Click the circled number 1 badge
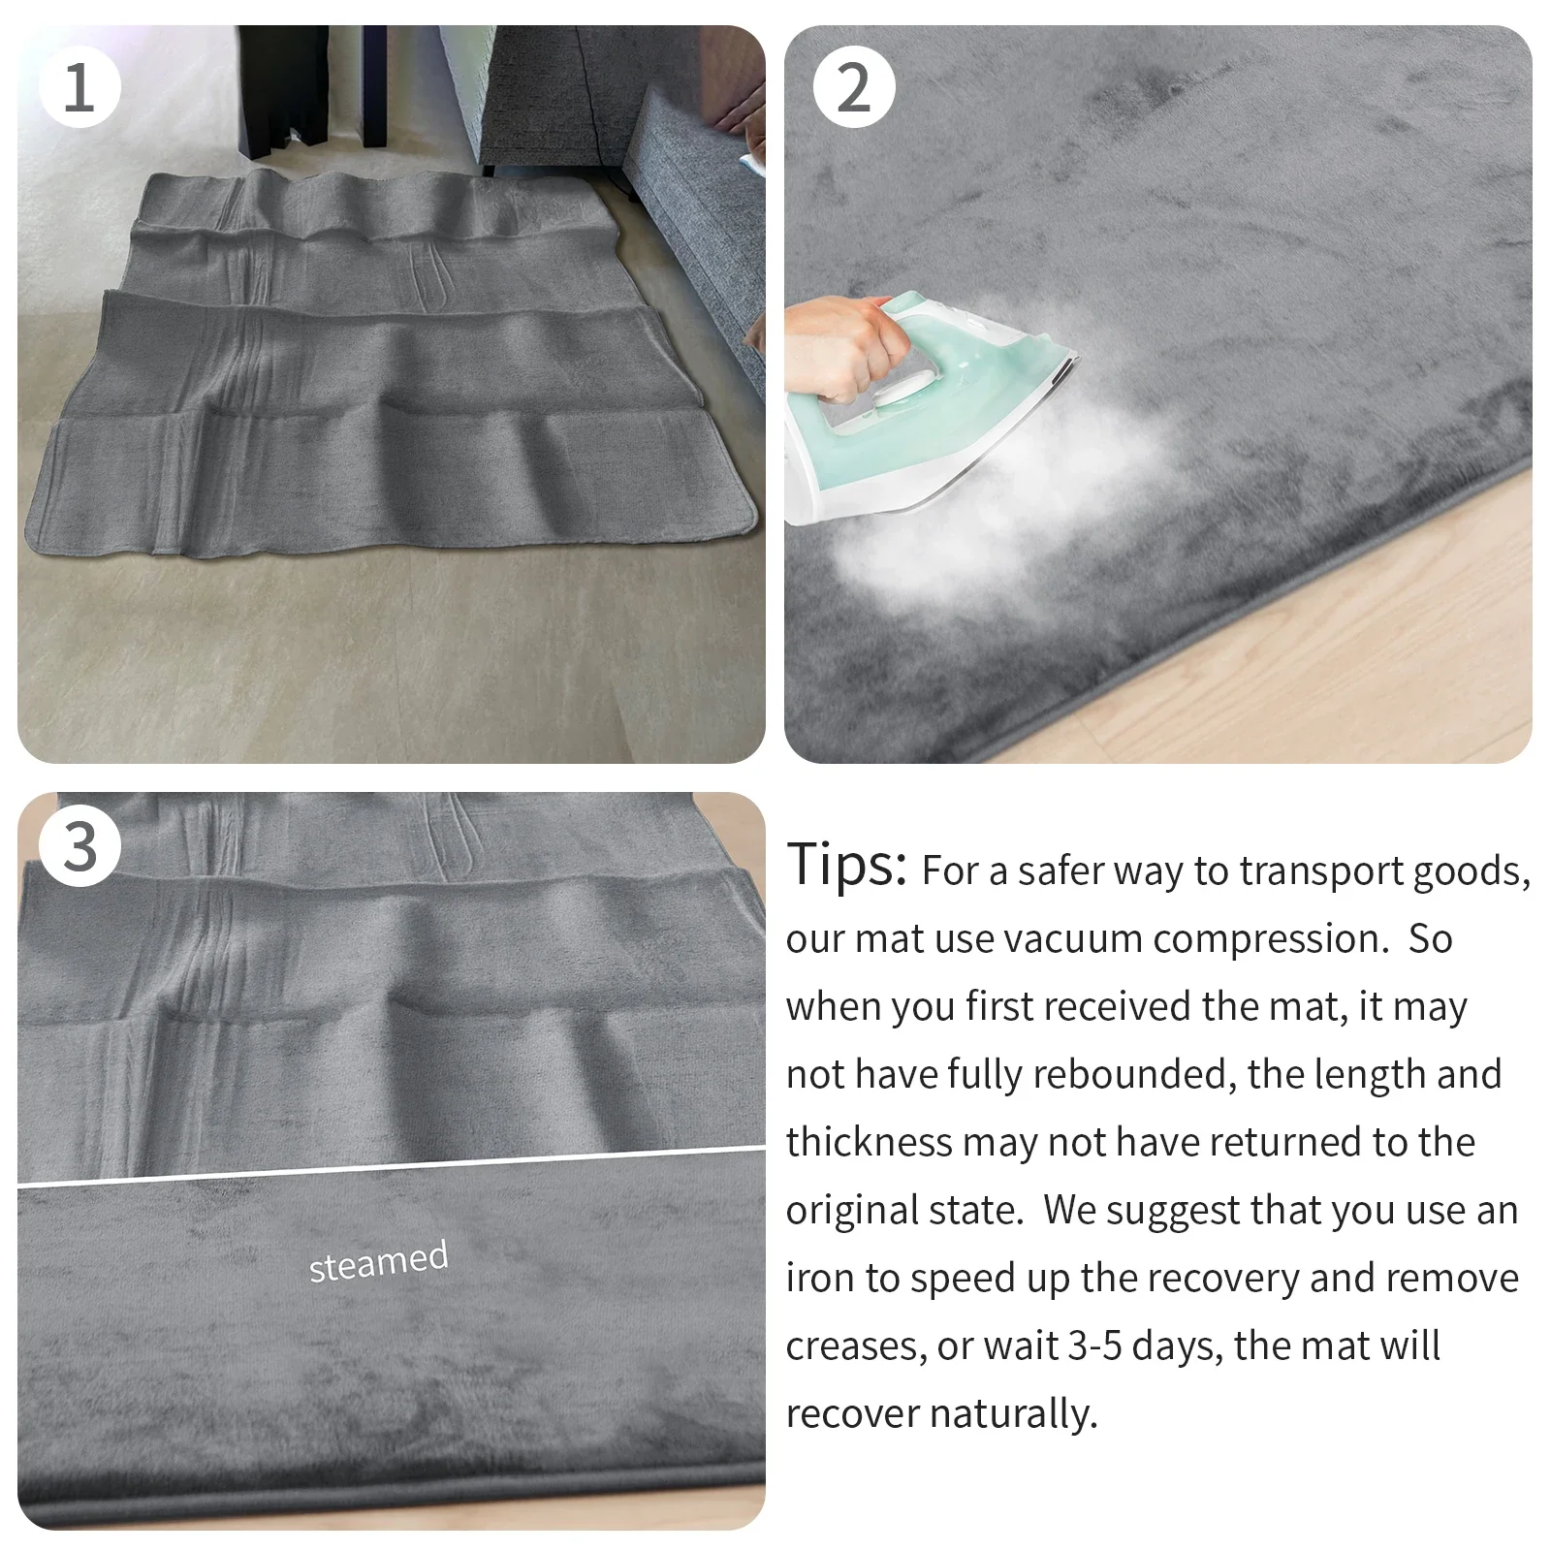(79, 87)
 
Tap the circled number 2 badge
(853, 87)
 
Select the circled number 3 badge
(79, 845)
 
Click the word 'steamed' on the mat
(378, 1260)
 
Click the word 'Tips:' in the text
(846, 865)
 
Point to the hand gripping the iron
(843, 349)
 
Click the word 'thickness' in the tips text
(869, 1142)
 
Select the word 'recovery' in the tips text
(1198, 1278)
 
